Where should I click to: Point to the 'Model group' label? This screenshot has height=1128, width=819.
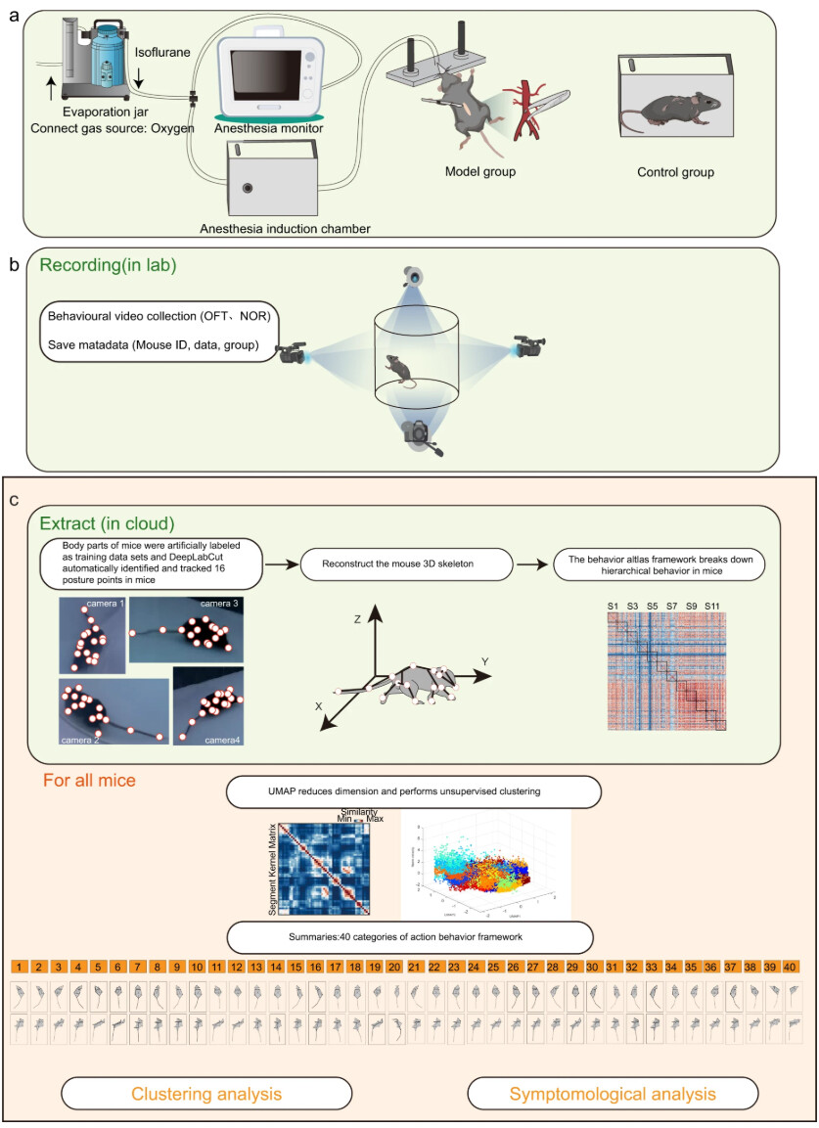tap(479, 172)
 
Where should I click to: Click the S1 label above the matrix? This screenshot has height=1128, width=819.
tap(614, 609)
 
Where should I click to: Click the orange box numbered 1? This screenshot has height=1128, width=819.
tap(19, 967)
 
